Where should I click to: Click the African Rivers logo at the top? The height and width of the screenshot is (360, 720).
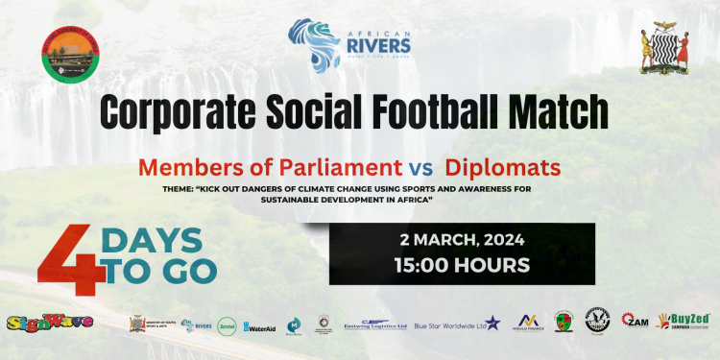tap(350, 45)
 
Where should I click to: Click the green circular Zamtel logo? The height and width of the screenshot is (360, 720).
tap(227, 325)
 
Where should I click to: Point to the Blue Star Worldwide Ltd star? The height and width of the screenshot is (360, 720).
tap(492, 323)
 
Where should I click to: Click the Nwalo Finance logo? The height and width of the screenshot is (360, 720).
tap(531, 322)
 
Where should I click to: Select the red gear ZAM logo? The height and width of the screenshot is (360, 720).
tap(635, 322)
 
